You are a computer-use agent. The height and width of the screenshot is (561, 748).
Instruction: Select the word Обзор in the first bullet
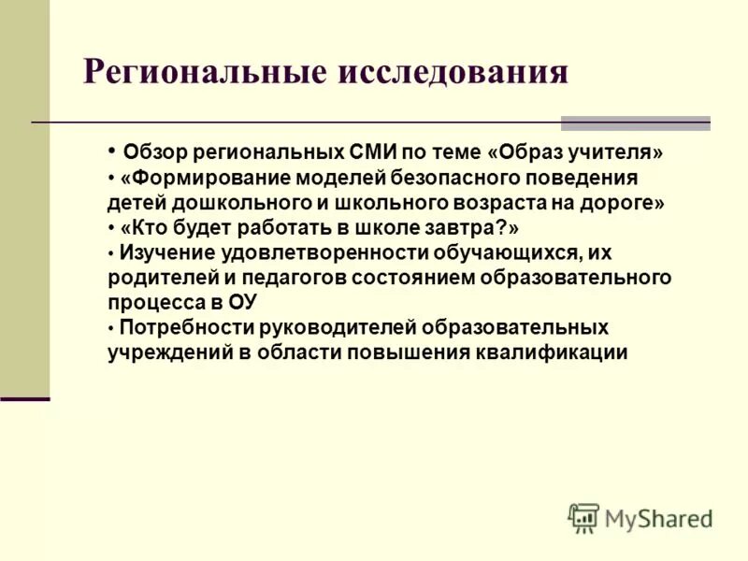click(x=157, y=151)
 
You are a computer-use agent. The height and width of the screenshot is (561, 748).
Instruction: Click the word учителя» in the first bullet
click(x=622, y=151)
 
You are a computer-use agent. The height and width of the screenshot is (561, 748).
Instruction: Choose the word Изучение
click(x=164, y=253)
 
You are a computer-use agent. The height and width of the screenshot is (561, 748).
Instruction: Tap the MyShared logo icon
click(x=583, y=517)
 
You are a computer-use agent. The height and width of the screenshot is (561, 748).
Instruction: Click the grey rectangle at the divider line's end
click(x=635, y=123)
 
